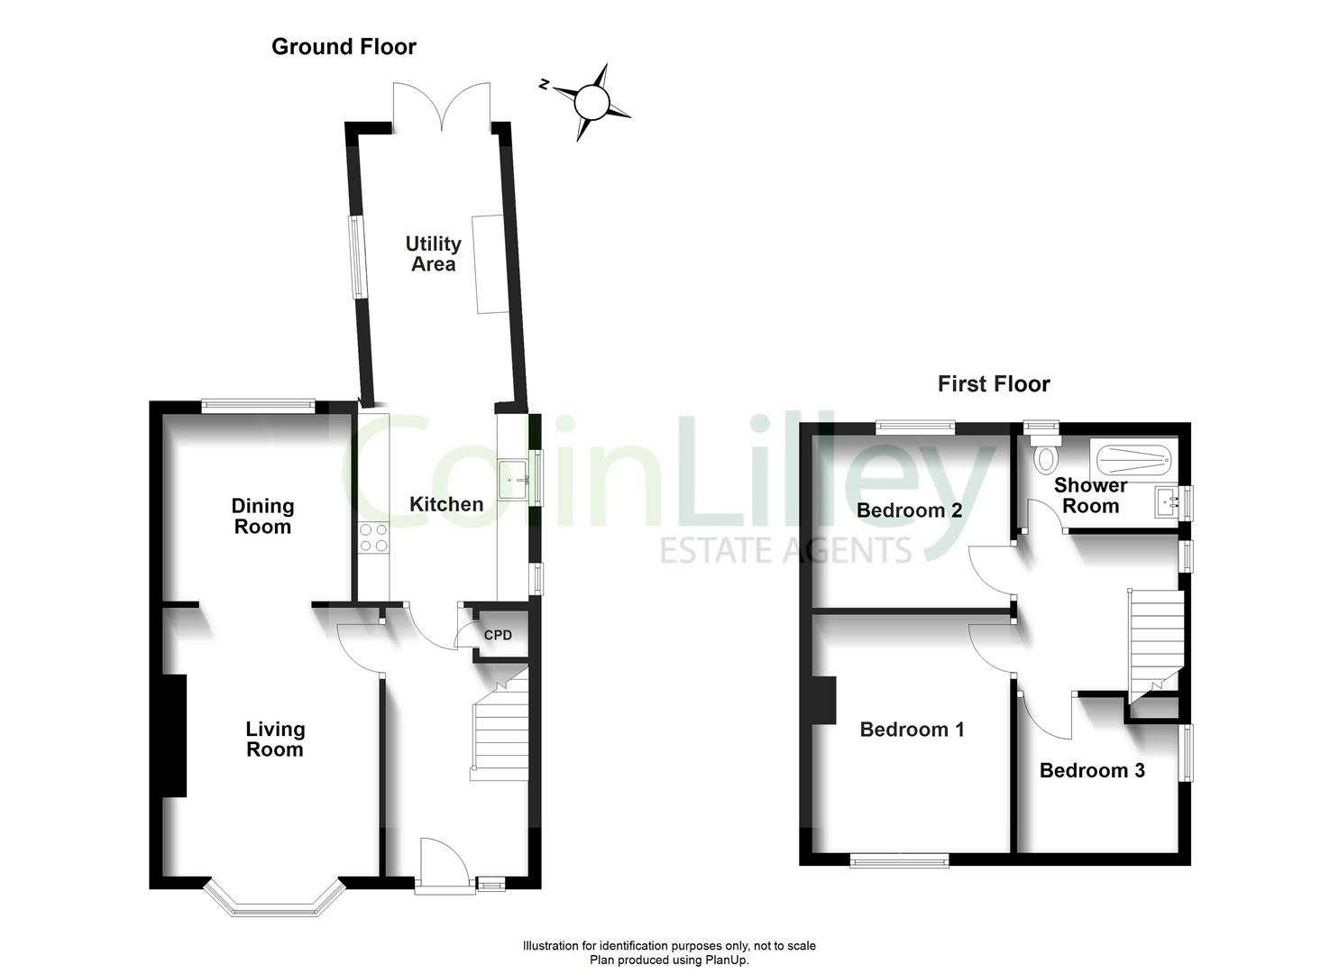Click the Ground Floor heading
point(344,47)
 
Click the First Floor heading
point(994,384)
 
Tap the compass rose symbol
point(591,103)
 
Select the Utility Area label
point(434,253)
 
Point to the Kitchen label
point(446,504)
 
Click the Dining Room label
point(263,516)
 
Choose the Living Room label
point(275,739)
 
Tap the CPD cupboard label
point(498,635)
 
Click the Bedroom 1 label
point(913,730)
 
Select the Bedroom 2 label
point(909,510)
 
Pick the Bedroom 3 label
point(1092,770)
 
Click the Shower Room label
point(1090,496)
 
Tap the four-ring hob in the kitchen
point(373,538)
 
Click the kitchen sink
point(513,479)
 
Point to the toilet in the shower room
point(1045,455)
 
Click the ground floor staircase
point(500,725)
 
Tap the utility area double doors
point(443,106)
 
